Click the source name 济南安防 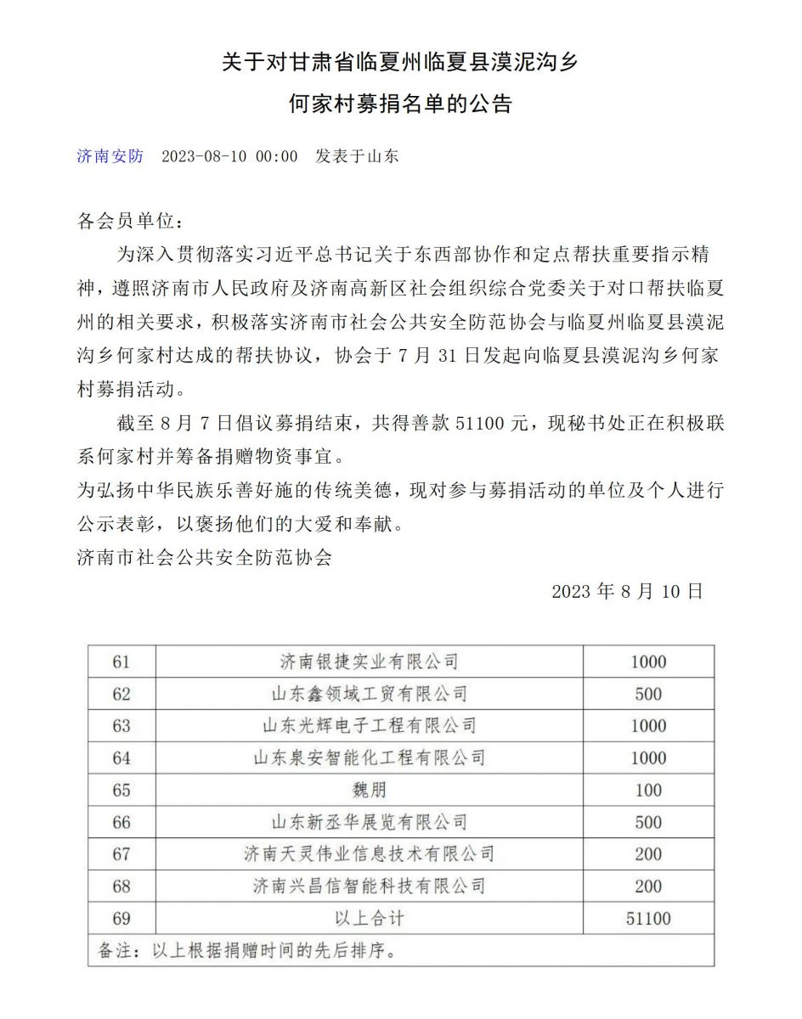pos(110,156)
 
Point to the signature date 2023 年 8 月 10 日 pos(627,592)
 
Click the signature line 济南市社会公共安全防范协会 pos(204,558)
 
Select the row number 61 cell pos(121,662)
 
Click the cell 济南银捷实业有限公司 pos(369,662)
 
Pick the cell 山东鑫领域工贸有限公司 pos(369,694)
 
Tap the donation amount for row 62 pos(648,694)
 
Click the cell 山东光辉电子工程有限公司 pos(369,726)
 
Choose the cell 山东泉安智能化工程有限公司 pos(369,757)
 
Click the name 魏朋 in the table pos(369,790)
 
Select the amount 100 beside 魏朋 pos(648,790)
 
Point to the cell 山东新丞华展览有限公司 pos(369,822)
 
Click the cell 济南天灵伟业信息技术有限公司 pos(369,854)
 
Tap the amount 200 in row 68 pos(648,886)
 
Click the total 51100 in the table pos(648,918)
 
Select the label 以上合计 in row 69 pos(369,918)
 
